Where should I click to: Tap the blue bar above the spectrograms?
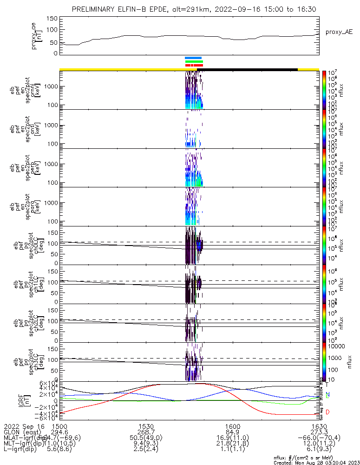193,58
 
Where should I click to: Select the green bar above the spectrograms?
194,61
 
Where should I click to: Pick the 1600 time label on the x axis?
232,426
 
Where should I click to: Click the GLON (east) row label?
22,432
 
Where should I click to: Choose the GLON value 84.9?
232,432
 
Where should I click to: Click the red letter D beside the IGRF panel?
327,412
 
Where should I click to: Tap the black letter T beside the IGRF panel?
327,385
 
